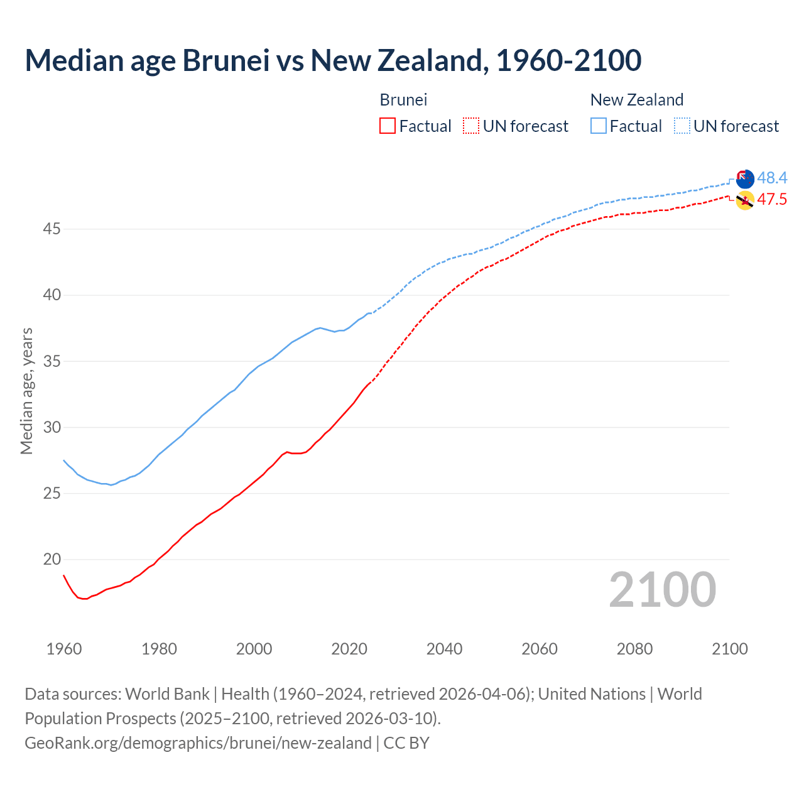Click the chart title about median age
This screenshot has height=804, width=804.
click(x=333, y=60)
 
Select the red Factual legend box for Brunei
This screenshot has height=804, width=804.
click(x=388, y=126)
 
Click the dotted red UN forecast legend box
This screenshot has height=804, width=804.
click(x=471, y=126)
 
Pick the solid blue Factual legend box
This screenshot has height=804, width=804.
click(x=599, y=126)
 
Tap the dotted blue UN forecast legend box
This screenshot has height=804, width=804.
click(x=682, y=126)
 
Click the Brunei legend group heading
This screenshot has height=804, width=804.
click(x=403, y=100)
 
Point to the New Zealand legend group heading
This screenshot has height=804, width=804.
click(x=636, y=100)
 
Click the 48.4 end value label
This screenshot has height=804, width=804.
click(x=772, y=178)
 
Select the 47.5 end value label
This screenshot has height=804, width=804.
click(x=772, y=200)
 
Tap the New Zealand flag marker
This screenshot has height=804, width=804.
click(x=744, y=179)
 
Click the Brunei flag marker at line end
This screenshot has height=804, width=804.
click(x=744, y=201)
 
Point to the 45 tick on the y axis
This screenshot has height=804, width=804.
click(x=52, y=229)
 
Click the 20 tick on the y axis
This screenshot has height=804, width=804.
click(x=52, y=560)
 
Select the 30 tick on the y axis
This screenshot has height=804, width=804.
click(x=52, y=428)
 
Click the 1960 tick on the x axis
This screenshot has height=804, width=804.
click(x=64, y=649)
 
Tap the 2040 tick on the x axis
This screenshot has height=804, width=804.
click(x=444, y=649)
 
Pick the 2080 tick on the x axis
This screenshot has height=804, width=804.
click(x=634, y=649)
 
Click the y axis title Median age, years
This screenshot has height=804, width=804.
click(x=26, y=391)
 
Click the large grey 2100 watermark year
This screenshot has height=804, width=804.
click(x=662, y=590)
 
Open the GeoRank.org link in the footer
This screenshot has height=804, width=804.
click(x=198, y=743)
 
